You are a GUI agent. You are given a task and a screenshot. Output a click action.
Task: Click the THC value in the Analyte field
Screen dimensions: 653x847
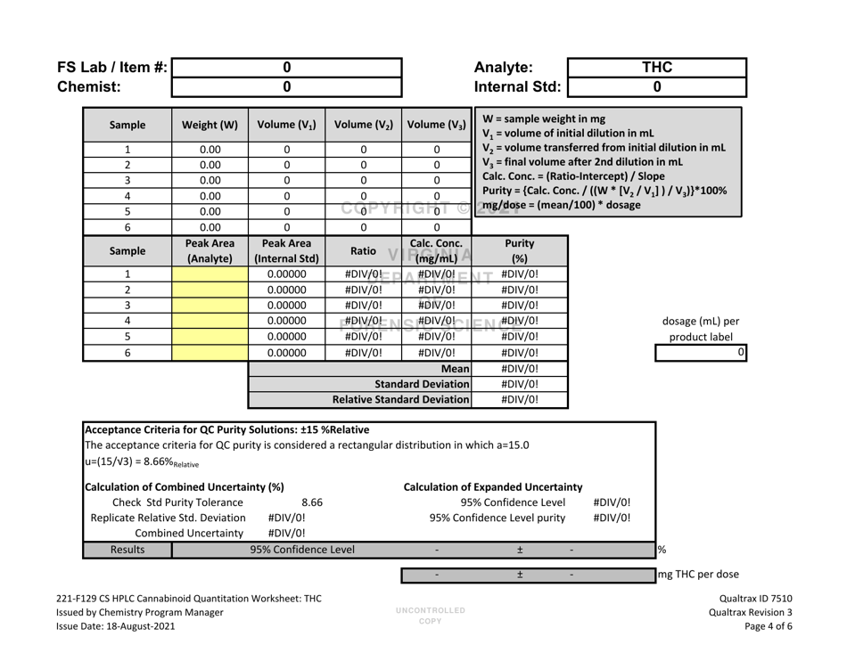656,66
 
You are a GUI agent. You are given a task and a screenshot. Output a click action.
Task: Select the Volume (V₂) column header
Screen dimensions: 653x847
364,127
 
